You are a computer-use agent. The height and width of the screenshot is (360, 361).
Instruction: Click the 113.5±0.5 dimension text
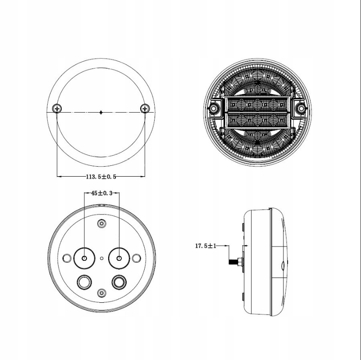click(101, 177)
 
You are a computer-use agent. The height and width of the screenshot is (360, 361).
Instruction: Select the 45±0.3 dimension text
click(101, 193)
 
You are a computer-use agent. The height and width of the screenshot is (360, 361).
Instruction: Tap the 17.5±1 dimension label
click(206, 246)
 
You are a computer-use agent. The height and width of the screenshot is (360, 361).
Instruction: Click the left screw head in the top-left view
click(57, 108)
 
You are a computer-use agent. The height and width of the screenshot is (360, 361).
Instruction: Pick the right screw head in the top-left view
click(145, 108)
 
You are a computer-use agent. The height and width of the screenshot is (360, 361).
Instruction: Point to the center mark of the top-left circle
click(101, 111)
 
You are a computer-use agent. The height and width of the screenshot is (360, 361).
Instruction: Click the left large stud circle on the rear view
click(85, 258)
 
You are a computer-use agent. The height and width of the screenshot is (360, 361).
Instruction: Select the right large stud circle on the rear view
click(119, 258)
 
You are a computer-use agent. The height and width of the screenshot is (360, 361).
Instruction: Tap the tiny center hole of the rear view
click(102, 258)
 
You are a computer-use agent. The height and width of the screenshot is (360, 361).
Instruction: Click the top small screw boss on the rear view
click(102, 223)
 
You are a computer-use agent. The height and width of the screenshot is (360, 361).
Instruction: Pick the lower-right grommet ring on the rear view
click(119, 282)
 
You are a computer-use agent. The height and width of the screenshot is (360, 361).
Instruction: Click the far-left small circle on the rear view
click(67, 258)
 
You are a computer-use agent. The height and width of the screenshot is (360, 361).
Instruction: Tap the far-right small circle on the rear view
click(137, 258)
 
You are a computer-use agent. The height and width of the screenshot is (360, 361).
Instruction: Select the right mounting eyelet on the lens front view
click(301, 109)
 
